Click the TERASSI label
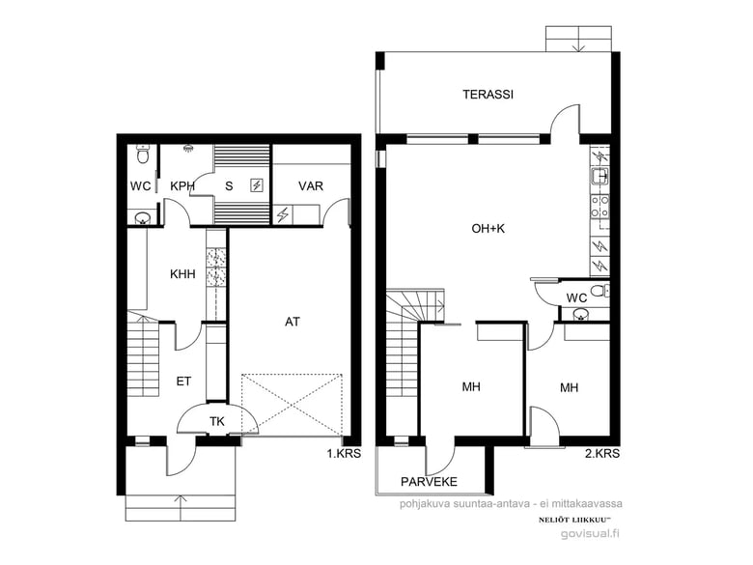[488, 95]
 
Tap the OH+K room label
[488, 229]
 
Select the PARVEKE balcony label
[429, 481]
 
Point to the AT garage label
[292, 322]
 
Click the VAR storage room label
[310, 186]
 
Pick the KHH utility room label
[182, 274]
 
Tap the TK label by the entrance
[217, 422]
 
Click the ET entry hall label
[183, 381]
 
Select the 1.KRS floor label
[344, 453]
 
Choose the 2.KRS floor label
[602, 453]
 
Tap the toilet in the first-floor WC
[142, 154]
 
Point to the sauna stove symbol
[257, 185]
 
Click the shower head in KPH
[188, 148]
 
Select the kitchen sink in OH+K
[600, 177]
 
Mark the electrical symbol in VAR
[282, 214]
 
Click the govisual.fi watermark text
[590, 534]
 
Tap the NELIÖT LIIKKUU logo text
[574, 520]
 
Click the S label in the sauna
[229, 186]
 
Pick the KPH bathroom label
[182, 186]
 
